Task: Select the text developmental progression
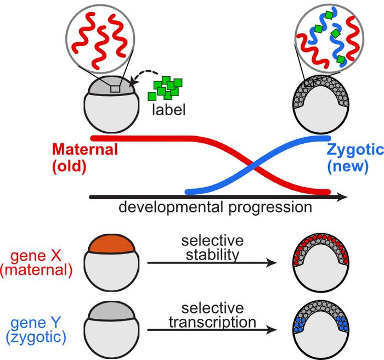215,207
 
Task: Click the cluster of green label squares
167,88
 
